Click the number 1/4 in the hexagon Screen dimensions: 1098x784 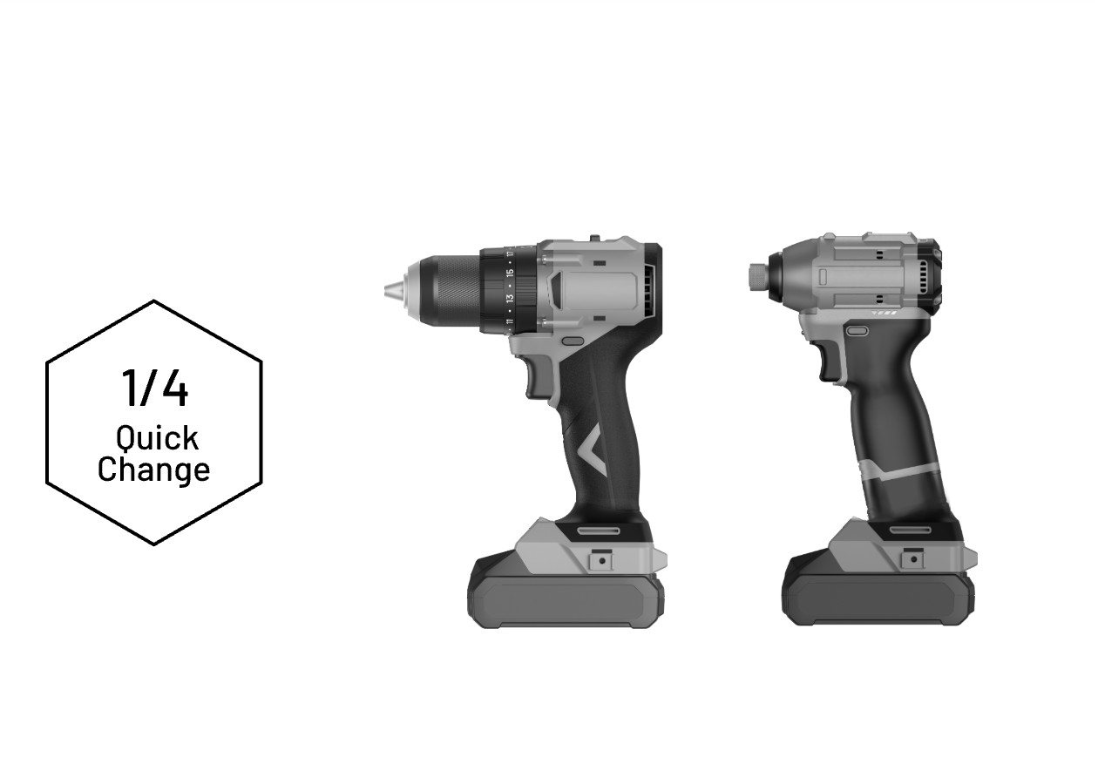(155, 388)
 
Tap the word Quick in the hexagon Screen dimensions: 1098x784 (157, 437)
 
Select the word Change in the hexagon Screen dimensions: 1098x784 (153, 470)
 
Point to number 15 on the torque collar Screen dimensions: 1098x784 (510, 273)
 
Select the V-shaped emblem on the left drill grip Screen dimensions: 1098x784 (593, 451)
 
